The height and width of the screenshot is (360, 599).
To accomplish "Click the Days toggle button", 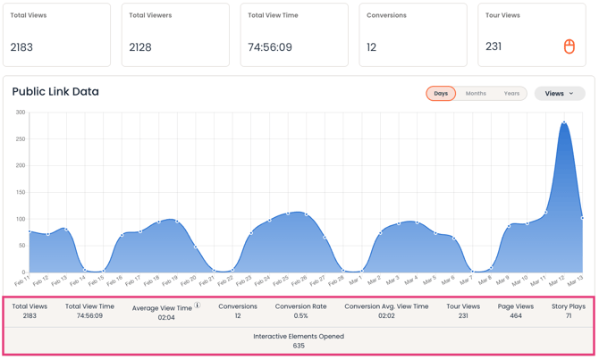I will pyautogui.click(x=441, y=93).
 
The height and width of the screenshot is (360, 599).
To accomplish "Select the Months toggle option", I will pyautogui.click(x=476, y=93).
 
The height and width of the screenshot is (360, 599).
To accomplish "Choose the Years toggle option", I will pyautogui.click(x=511, y=93).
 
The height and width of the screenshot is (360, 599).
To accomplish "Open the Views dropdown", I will pyautogui.click(x=560, y=93).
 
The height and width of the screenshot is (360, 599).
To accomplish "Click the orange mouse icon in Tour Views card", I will pyautogui.click(x=569, y=46).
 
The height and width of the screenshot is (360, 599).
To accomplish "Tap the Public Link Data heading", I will pyautogui.click(x=55, y=91).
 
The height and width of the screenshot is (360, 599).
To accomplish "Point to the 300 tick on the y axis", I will pyautogui.click(x=20, y=113).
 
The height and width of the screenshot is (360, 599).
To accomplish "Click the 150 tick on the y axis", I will pyautogui.click(x=20, y=192).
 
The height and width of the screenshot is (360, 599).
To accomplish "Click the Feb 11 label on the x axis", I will pyautogui.click(x=22, y=281).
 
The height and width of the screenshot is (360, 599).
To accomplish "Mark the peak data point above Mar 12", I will pyautogui.click(x=564, y=122).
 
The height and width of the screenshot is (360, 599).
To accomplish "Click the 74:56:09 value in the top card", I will pyautogui.click(x=270, y=47).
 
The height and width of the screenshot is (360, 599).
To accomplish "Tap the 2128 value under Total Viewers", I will pyautogui.click(x=140, y=47).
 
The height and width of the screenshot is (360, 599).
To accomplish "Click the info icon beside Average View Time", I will pyautogui.click(x=198, y=306).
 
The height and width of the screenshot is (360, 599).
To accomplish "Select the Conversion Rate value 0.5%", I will pyautogui.click(x=300, y=315).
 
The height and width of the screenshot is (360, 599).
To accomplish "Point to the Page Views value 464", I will pyautogui.click(x=516, y=315).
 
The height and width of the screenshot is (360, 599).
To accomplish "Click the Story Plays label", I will pyautogui.click(x=569, y=306).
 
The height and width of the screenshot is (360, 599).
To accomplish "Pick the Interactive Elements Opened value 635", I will pyautogui.click(x=299, y=346).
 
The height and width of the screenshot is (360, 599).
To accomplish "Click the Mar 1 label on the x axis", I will pyautogui.click(x=356, y=281).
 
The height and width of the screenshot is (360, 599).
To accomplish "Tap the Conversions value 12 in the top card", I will pyautogui.click(x=372, y=47).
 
